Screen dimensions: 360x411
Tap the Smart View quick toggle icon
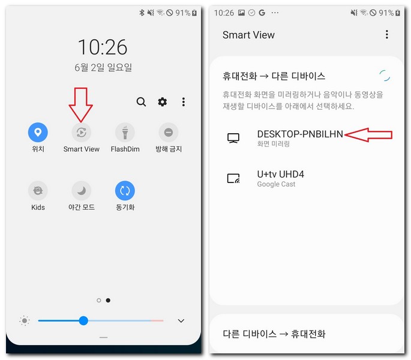81,133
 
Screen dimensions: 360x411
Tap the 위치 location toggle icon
38,133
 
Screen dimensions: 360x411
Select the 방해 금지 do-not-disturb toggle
168,133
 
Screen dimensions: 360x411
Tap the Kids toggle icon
38,191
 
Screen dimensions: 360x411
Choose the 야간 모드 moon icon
81,191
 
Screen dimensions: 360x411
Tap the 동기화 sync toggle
125,191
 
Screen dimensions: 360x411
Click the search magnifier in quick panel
141,102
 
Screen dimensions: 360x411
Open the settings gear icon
162,102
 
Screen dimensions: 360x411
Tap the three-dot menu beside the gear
184,102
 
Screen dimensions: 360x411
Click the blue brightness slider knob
83,321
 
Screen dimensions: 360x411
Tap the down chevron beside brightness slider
181,321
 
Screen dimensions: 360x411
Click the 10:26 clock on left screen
103,46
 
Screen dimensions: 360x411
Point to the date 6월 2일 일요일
103,67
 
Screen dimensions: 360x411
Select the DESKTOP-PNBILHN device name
299,134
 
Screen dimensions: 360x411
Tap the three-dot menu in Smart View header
387,35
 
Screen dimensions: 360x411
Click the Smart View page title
248,35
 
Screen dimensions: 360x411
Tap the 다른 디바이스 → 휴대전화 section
274,334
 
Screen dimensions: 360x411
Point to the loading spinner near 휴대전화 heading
385,76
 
